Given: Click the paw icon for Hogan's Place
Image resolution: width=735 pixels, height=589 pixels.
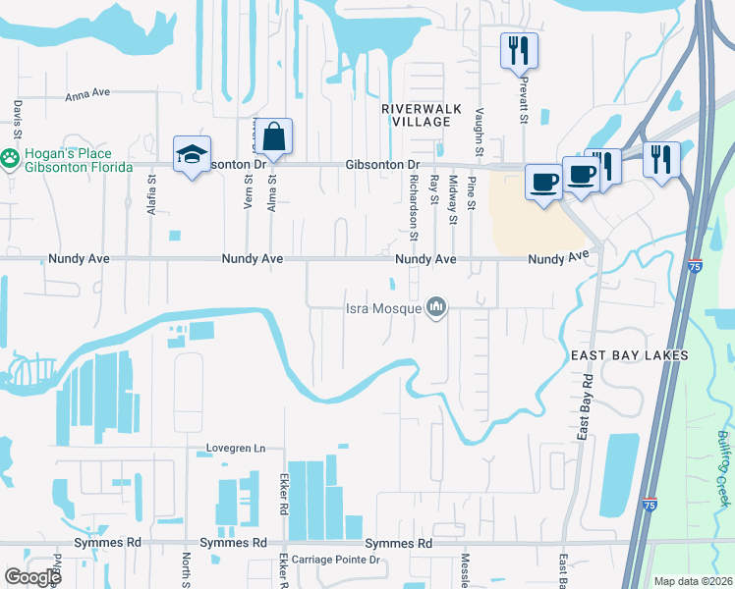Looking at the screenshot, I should [x=10, y=156].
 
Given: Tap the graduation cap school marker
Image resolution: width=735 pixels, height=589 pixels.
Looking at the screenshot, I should [x=192, y=153].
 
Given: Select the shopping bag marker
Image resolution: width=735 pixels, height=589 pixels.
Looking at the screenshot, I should [x=276, y=137].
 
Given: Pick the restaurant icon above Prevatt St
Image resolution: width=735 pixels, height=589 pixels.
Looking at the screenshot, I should [x=518, y=50].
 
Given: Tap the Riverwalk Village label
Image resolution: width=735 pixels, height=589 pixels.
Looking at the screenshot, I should [x=416, y=114].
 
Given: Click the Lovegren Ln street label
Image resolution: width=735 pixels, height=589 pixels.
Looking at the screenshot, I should [x=236, y=449].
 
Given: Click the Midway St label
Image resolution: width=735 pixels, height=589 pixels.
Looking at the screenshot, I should [x=452, y=199].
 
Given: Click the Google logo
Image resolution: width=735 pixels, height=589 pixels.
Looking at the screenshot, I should [x=32, y=577].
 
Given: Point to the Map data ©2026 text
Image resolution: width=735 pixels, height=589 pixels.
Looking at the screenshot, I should [x=692, y=581].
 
